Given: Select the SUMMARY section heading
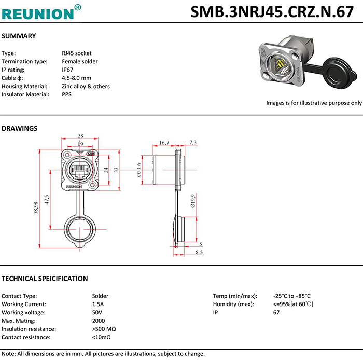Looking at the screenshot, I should tap(19, 36).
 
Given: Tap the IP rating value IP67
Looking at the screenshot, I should tap(68, 70).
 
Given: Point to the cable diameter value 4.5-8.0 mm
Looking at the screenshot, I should tap(76, 78).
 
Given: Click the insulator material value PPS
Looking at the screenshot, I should tap(67, 94).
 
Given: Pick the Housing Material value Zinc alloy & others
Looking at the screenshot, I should tap(86, 86).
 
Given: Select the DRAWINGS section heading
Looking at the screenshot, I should tap(20, 128).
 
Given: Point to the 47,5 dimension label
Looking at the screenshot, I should tap(47, 200).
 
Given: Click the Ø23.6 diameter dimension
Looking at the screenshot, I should tap(139, 170).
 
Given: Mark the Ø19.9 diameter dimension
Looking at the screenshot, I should tap(193, 201).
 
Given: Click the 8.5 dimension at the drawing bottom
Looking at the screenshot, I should tap(199, 252).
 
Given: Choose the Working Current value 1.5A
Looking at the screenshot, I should tap(98, 304).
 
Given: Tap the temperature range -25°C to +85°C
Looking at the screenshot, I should tap(291, 296).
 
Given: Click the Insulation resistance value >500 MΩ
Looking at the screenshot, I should tap(104, 329).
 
